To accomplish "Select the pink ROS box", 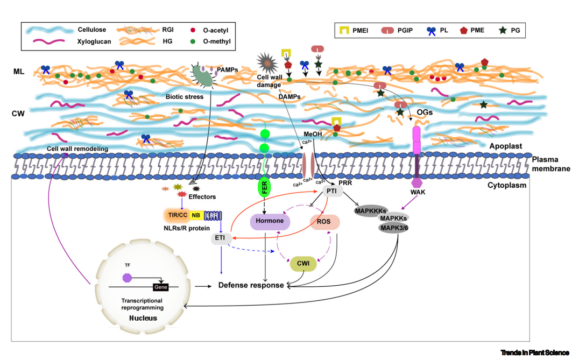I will [x=324, y=222].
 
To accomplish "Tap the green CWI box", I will [x=303, y=264].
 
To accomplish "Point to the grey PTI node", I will [x=331, y=191].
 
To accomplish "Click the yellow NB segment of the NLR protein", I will [x=196, y=215].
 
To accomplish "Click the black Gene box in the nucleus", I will [x=161, y=287].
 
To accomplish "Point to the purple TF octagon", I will [x=127, y=278].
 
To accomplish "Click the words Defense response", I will [x=251, y=285].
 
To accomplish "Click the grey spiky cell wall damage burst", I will [x=267, y=64].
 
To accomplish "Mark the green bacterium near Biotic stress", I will [x=202, y=76].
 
